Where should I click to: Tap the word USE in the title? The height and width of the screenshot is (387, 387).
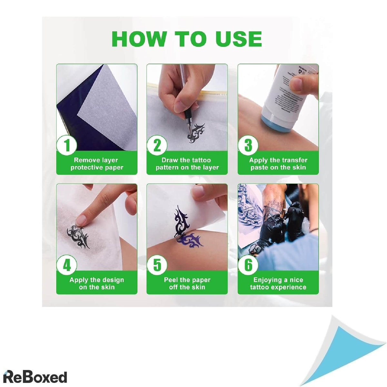238,39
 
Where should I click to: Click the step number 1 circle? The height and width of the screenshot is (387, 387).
66,145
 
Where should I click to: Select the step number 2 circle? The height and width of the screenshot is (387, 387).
157,145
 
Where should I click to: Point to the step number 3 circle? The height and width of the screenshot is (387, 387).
248,145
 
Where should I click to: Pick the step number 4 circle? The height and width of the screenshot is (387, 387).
66,265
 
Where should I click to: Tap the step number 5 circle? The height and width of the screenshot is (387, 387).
157,265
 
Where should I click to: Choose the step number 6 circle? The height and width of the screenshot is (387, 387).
248,265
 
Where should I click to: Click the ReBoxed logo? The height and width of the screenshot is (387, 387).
35,366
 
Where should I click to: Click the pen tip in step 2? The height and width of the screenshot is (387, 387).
190,132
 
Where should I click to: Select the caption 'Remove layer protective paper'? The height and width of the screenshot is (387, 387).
97,164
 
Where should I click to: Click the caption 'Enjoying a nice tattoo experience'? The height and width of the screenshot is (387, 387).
278,283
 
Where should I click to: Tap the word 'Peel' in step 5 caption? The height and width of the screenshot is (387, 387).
171,280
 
